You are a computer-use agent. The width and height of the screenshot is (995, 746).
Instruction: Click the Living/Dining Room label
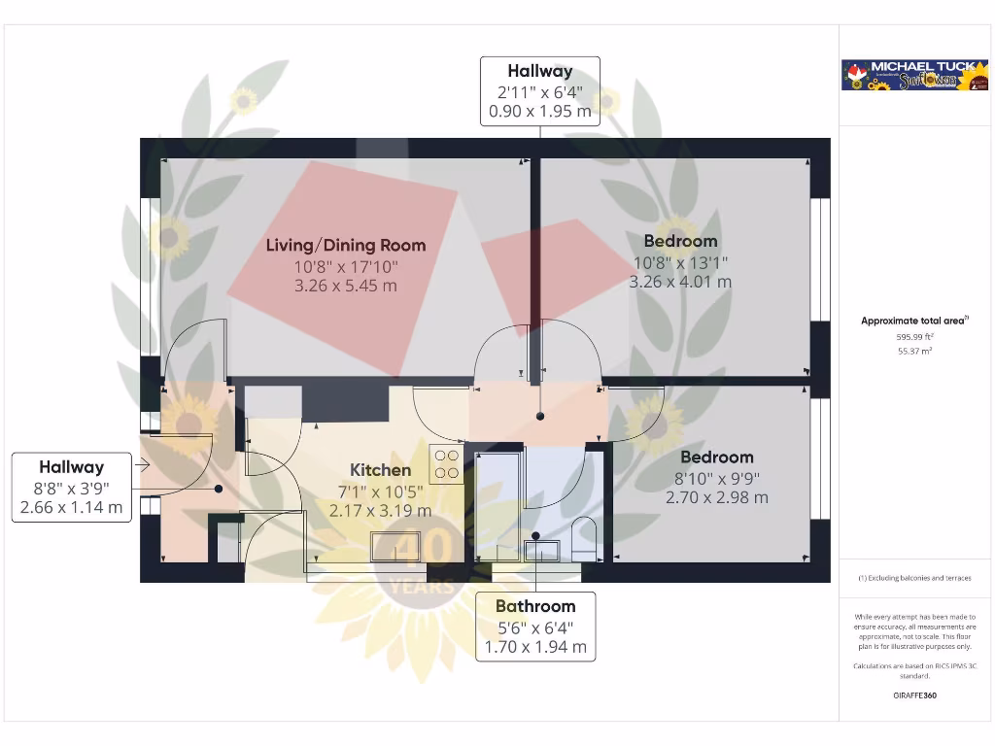[x=346, y=245]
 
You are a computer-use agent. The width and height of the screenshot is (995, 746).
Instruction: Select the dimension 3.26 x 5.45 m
[x=346, y=286]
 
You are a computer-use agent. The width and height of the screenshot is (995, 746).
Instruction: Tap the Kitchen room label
[x=380, y=470]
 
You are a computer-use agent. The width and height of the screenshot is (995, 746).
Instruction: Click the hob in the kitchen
[x=446, y=463]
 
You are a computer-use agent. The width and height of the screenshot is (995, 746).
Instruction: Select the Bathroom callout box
[x=535, y=627]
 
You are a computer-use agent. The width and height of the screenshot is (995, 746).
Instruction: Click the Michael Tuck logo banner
[x=913, y=76]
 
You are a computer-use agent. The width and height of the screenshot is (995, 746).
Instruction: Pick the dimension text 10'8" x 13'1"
[x=680, y=262]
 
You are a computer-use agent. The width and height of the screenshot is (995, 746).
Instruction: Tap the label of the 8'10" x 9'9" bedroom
[x=716, y=457]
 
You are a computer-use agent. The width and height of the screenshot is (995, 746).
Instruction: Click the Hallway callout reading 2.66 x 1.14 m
[x=71, y=487]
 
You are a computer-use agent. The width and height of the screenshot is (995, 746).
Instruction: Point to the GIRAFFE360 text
[x=913, y=695]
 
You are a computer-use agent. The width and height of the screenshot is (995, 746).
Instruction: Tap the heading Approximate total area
[x=913, y=321]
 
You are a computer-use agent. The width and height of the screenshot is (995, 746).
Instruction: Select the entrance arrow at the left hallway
[x=141, y=465]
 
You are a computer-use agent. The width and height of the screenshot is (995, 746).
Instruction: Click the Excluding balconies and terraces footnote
[x=913, y=578]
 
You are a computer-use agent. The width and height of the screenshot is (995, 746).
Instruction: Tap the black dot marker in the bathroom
[x=535, y=536]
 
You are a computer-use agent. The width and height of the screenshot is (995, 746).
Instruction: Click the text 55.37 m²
[x=913, y=352]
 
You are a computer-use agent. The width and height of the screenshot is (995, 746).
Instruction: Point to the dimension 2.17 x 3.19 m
[x=380, y=509]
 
